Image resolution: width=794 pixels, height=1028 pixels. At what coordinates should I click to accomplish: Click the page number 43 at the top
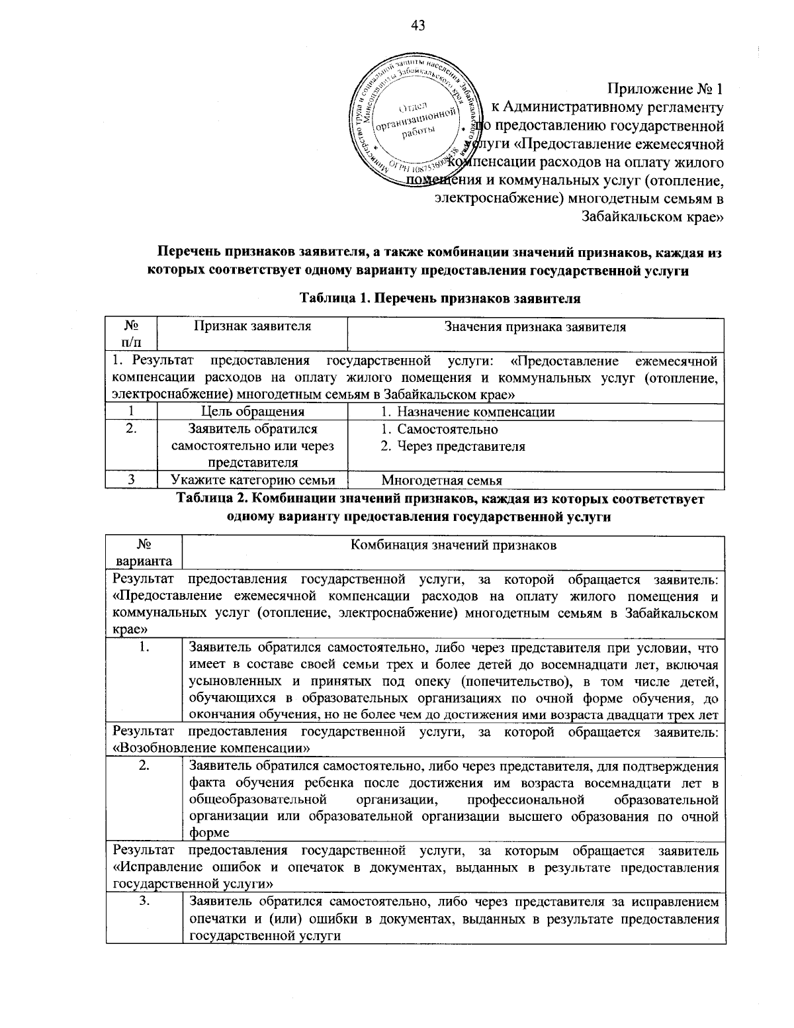[x=418, y=26]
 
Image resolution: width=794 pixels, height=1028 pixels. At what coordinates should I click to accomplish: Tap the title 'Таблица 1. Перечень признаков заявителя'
[x=440, y=298]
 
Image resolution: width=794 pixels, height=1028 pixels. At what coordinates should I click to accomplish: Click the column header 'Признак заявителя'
[x=252, y=326]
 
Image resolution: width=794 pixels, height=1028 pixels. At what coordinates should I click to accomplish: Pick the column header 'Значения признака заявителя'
[x=535, y=326]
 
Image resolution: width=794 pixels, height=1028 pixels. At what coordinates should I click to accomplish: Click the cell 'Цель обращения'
[x=252, y=412]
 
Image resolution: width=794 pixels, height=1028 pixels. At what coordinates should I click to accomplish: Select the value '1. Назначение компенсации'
[x=467, y=412]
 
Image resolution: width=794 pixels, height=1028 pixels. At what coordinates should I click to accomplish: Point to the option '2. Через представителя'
[x=453, y=446]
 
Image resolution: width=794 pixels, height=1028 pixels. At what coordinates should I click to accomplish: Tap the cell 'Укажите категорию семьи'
[x=252, y=481]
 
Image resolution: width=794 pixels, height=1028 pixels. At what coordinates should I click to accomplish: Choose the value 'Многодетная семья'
[x=441, y=481]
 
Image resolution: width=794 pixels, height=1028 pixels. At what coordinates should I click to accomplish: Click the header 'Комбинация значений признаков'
[x=453, y=545]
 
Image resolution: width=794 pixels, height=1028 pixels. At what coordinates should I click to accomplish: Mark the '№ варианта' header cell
[x=144, y=553]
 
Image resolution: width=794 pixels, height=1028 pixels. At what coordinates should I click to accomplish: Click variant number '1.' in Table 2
[x=144, y=647]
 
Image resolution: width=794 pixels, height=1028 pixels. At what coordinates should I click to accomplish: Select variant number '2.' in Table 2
[x=144, y=767]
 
